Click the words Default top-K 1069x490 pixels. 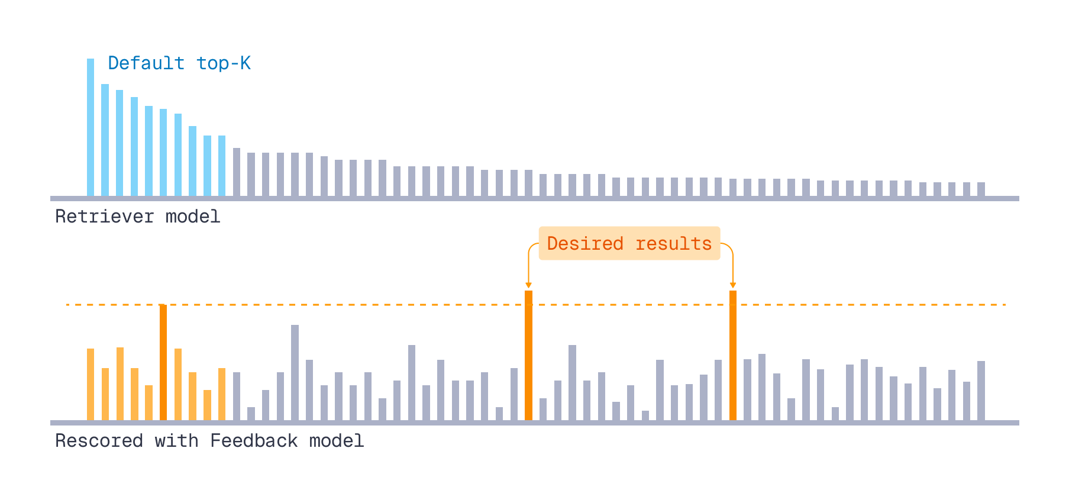(x=179, y=63)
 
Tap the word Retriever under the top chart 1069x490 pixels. (x=104, y=217)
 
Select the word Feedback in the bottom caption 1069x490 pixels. (x=254, y=441)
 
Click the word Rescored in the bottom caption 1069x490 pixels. (x=99, y=441)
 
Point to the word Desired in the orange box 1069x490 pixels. (x=585, y=243)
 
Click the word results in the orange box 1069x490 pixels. (x=673, y=243)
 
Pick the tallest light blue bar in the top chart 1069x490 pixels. (x=91, y=127)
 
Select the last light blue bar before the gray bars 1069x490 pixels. (x=222, y=166)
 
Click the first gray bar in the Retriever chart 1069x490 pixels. (x=237, y=172)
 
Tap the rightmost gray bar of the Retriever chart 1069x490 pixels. (x=981, y=189)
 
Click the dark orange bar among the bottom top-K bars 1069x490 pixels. (x=163, y=362)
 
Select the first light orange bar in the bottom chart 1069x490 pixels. (x=91, y=385)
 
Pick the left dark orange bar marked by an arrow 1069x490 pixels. (x=528, y=355)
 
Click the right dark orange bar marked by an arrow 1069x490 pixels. (x=733, y=355)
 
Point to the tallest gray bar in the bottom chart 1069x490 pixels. (x=295, y=373)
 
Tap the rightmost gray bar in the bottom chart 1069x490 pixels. (x=981, y=391)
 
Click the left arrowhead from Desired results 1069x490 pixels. (x=528, y=286)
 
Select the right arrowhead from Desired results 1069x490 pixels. (x=733, y=286)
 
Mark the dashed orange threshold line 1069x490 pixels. (x=355, y=305)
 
